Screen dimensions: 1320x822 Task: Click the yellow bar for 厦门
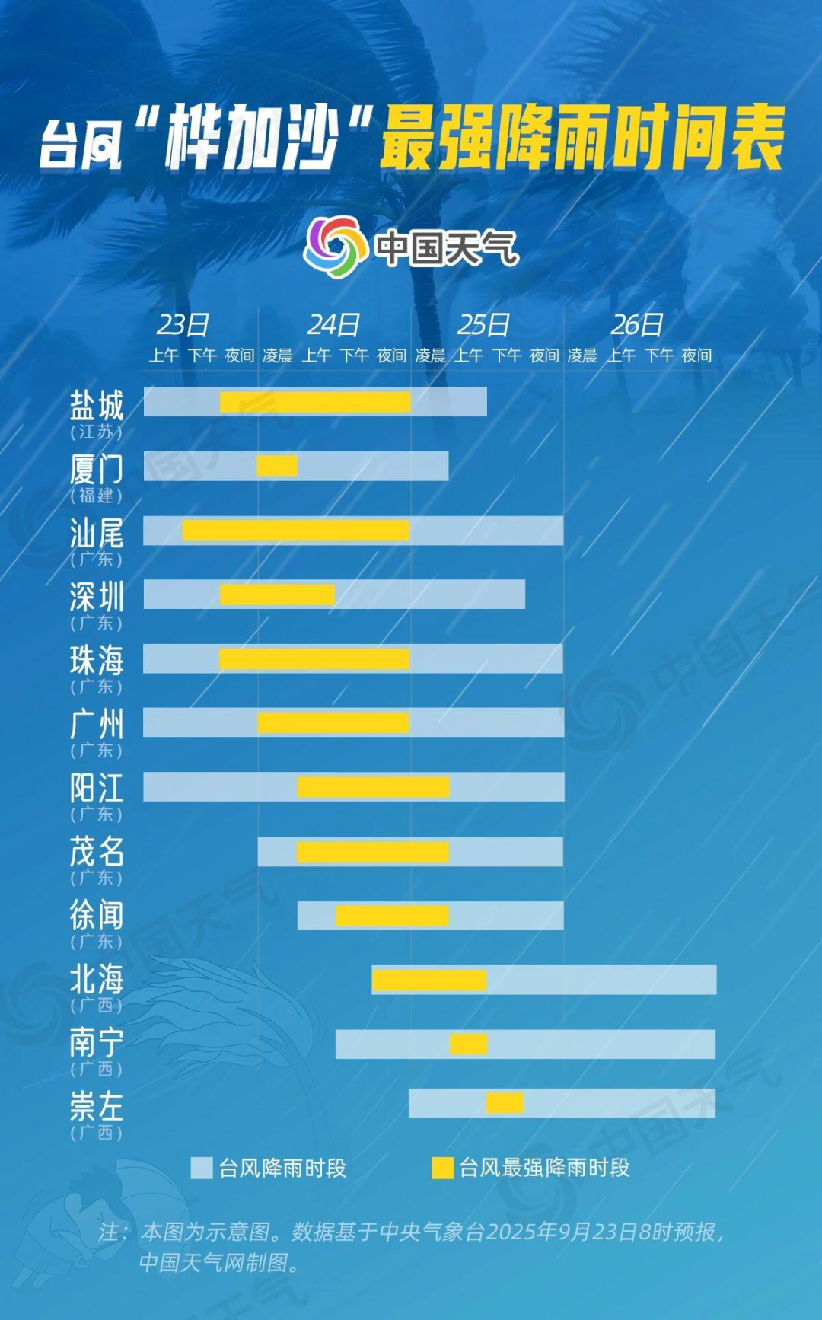click(277, 466)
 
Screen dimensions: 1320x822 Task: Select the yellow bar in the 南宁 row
click(468, 1044)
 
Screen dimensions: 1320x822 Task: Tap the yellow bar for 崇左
click(505, 1102)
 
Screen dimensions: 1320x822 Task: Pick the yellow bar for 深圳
click(277, 595)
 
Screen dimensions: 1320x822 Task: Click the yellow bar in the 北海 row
click(429, 980)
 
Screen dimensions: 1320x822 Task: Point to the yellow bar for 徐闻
click(392, 916)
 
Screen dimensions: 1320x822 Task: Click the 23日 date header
click(183, 325)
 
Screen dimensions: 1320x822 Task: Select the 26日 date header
click(637, 325)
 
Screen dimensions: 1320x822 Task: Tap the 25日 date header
click(483, 325)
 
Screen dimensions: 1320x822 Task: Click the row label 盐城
click(97, 406)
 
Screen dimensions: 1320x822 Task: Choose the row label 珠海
click(97, 660)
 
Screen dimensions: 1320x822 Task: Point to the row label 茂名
click(97, 851)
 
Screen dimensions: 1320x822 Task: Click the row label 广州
click(97, 724)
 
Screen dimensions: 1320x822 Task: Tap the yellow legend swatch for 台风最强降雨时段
click(442, 1168)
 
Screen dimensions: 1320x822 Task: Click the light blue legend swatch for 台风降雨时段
click(202, 1168)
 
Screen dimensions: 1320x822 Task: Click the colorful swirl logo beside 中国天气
click(332, 246)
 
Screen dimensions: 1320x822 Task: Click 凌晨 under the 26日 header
click(582, 356)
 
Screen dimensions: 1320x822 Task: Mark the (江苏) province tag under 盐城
click(97, 432)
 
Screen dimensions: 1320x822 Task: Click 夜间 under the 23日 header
click(239, 356)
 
